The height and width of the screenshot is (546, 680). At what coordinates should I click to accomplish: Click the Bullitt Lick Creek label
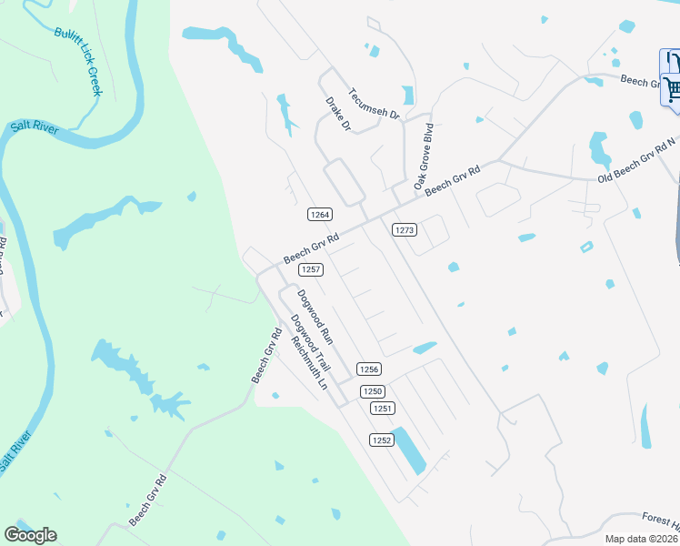pos(78,60)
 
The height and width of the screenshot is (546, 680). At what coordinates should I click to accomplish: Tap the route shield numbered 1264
pos(319,215)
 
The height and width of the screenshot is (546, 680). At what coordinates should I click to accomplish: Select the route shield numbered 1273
pos(405,230)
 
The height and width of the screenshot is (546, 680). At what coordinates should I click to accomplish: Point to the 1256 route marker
pos(368,369)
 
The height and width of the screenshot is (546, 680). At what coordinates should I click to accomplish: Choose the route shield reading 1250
pos(372,391)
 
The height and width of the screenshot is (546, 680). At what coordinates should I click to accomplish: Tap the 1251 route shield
pos(383,409)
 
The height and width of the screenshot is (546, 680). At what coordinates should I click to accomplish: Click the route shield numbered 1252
pos(381,440)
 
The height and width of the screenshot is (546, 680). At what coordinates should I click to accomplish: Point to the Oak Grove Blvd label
pos(424,157)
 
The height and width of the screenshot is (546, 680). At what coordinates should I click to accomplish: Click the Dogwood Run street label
pos(315,316)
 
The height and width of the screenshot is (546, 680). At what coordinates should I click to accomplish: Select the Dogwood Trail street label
pos(308,341)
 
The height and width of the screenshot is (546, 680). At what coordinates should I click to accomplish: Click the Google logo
pos(30,535)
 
